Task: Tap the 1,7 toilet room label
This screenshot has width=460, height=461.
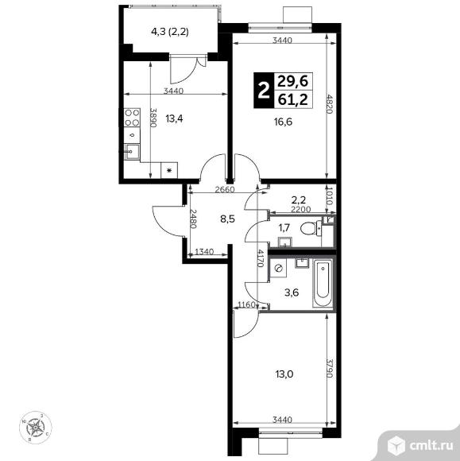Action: (283, 230)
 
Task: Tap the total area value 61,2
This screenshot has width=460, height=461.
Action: (295, 101)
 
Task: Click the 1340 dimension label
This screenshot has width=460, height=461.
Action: (204, 253)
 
